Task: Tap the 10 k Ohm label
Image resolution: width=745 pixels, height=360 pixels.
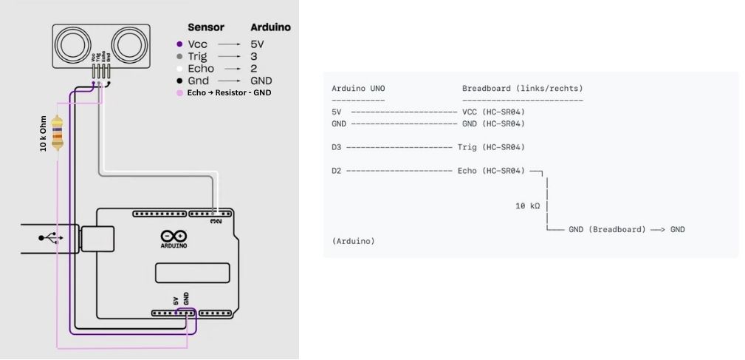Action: pyautogui.click(x=44, y=132)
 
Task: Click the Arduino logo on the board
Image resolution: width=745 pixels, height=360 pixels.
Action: pyautogui.click(x=173, y=239)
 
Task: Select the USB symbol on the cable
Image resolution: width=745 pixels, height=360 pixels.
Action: pyautogui.click(x=51, y=238)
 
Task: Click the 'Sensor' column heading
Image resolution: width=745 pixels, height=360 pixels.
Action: pyautogui.click(x=206, y=27)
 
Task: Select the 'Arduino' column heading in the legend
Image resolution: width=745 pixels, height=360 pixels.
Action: pyautogui.click(x=270, y=27)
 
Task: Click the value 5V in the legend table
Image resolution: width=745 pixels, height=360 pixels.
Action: pyautogui.click(x=258, y=44)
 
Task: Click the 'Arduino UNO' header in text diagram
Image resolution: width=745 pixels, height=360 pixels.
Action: pyautogui.click(x=358, y=89)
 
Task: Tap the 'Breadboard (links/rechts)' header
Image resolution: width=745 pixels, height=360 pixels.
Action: pyautogui.click(x=522, y=89)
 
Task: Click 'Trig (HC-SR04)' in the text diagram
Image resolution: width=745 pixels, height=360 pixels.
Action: pyautogui.click(x=491, y=147)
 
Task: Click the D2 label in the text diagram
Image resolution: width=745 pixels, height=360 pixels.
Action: pyautogui.click(x=337, y=171)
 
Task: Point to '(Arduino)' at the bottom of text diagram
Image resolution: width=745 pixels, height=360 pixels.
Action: pyautogui.click(x=354, y=241)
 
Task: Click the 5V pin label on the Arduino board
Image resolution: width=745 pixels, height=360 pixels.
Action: pyautogui.click(x=176, y=300)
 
